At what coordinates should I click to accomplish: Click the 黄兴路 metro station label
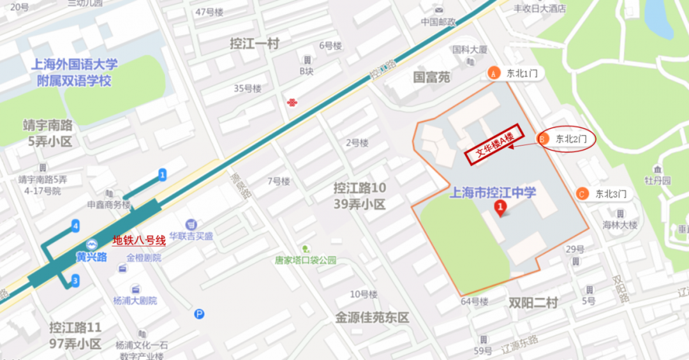[x=91, y=257]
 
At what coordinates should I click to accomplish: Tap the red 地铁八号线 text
[x=139, y=241]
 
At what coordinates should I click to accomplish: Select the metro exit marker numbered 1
[x=163, y=174]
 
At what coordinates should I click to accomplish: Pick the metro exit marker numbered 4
[x=75, y=225]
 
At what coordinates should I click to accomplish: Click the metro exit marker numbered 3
[x=75, y=280]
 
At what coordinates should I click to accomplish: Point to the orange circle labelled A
[x=493, y=73]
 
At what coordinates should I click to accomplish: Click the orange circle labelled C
[x=581, y=193]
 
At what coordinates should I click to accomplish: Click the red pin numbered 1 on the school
[x=501, y=207]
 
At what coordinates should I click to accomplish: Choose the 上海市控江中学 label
[x=493, y=193]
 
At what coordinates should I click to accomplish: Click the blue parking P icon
[x=200, y=313]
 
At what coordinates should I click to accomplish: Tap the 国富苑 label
[x=431, y=77]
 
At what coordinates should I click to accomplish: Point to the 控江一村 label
[x=255, y=43]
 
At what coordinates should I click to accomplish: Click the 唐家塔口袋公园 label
[x=306, y=260]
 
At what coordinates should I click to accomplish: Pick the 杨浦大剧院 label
[x=135, y=301]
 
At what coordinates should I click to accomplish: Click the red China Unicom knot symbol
[x=292, y=103]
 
